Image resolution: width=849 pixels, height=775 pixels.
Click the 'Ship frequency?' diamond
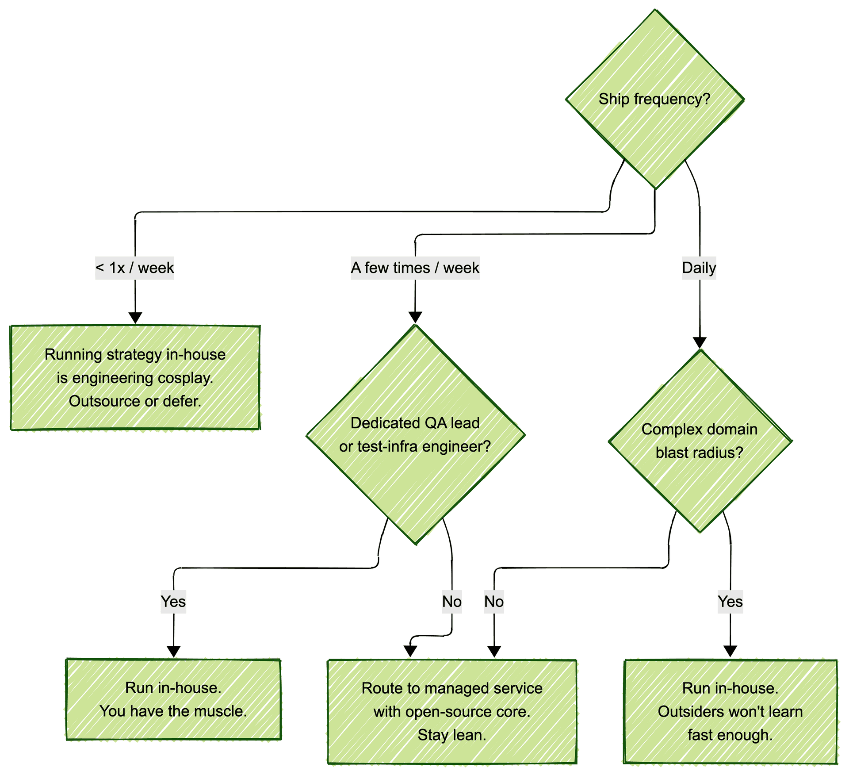tap(654, 99)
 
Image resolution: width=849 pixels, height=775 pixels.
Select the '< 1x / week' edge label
tap(134, 268)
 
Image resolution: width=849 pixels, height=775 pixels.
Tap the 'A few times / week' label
tap(415, 268)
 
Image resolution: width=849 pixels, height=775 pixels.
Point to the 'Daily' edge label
tap(699, 268)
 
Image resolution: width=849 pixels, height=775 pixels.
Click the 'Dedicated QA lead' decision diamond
tap(415, 434)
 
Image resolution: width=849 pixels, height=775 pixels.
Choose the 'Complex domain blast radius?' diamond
tap(700, 441)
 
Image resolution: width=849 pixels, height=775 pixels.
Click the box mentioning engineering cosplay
tap(135, 377)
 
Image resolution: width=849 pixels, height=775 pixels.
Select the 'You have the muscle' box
tap(173, 699)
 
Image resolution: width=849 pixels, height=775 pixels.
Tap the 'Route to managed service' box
tap(452, 711)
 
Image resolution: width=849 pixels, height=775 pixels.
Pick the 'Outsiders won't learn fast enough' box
tap(730, 711)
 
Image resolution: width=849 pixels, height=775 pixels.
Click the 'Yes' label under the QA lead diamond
tap(173, 602)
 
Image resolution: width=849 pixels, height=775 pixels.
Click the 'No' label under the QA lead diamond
tap(452, 602)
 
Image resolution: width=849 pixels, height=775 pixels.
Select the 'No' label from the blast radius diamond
tap(494, 602)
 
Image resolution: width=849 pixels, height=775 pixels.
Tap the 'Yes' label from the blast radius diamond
tap(730, 602)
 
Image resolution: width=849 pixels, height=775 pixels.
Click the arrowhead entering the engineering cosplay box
tap(135, 318)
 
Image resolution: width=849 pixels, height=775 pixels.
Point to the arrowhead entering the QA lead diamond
tap(415, 317)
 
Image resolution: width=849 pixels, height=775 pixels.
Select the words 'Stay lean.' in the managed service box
tap(452, 735)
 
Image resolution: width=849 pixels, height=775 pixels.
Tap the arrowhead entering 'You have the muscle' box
tap(173, 652)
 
